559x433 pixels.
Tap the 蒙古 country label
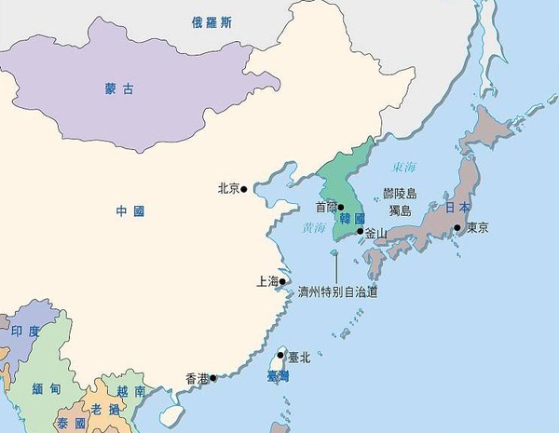pyautogui.click(x=118, y=89)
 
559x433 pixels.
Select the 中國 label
pyautogui.click(x=130, y=211)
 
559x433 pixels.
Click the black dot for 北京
pyautogui.click(x=244, y=189)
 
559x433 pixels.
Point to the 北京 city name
pyautogui.click(x=227, y=188)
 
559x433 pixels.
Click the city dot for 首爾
pyautogui.click(x=341, y=208)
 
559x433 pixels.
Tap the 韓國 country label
pyautogui.click(x=352, y=219)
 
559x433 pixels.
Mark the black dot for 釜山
pyautogui.click(x=361, y=231)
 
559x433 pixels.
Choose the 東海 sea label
pyautogui.click(x=404, y=169)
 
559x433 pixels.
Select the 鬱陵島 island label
pyautogui.click(x=401, y=194)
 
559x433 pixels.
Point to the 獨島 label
pyautogui.click(x=400, y=210)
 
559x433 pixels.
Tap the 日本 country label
pyautogui.click(x=457, y=207)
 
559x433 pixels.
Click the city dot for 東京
pyautogui.click(x=457, y=227)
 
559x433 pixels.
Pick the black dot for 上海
pyautogui.click(x=283, y=280)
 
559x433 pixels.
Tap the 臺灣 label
pyautogui.click(x=278, y=376)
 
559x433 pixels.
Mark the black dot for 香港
pyautogui.click(x=213, y=378)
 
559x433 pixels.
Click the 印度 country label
pyautogui.click(x=25, y=331)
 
